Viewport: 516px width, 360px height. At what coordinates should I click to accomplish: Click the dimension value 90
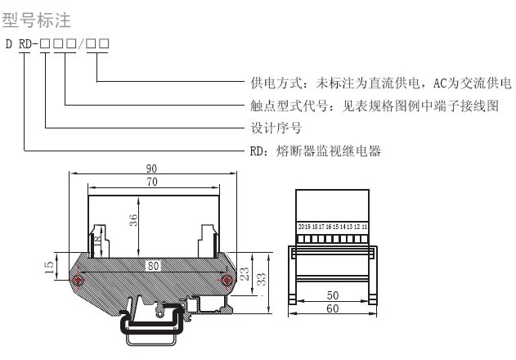152,169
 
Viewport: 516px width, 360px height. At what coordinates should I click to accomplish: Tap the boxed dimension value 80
152,265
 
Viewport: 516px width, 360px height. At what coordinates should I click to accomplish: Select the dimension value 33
262,280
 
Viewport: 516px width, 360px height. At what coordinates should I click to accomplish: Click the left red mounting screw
79,280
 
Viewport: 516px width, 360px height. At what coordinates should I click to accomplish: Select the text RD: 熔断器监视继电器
316,151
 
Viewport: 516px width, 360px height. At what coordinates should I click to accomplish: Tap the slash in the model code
81,42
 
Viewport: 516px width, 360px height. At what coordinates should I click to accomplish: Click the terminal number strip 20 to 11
333,227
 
